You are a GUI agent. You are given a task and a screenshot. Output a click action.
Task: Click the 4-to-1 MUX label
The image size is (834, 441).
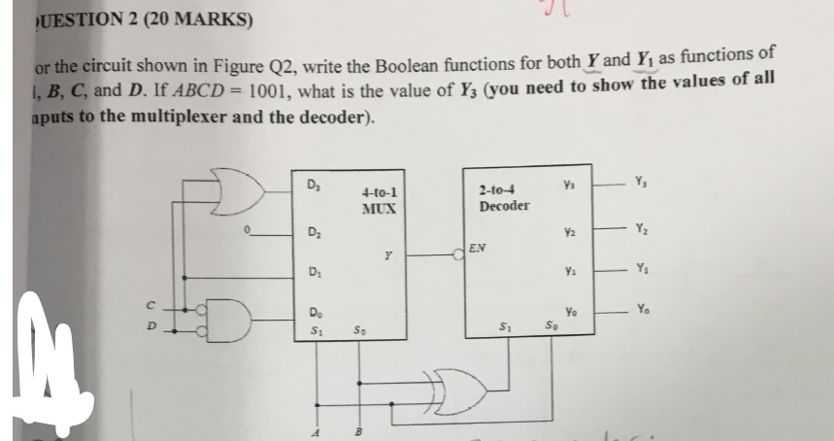click(x=377, y=201)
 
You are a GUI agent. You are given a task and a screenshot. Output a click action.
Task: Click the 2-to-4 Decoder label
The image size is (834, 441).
click(x=504, y=198)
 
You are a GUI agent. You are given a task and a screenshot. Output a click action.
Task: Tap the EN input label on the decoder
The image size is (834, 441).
click(x=476, y=249)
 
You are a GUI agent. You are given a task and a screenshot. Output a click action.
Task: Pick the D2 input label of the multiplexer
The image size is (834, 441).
click(x=312, y=231)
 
